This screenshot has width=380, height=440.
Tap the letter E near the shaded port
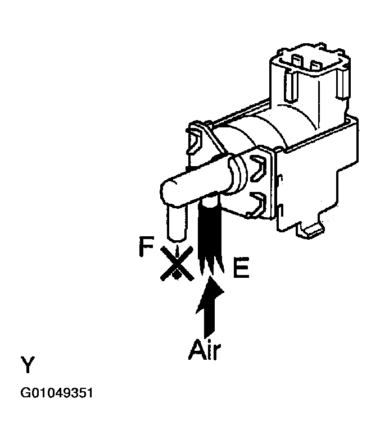click(241, 269)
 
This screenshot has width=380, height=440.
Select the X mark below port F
click(176, 263)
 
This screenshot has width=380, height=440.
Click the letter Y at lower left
click(28, 365)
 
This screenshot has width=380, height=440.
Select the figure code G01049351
click(56, 393)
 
